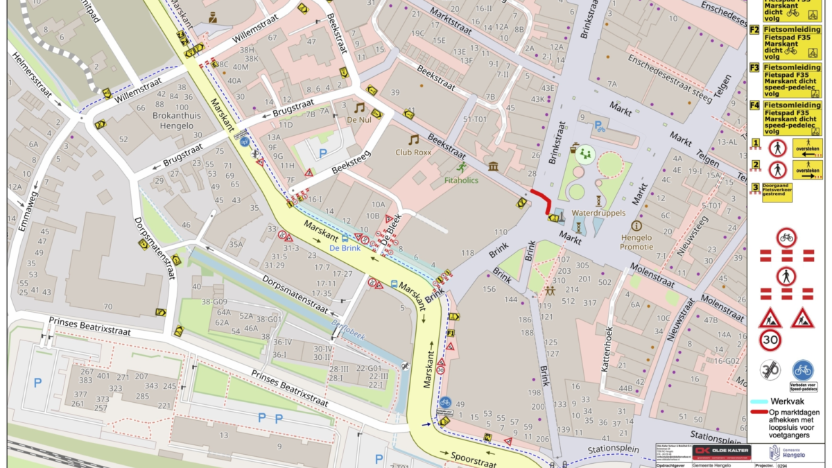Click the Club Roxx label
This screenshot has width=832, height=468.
[x=414, y=153]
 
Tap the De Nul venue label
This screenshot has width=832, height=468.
[x=359, y=120]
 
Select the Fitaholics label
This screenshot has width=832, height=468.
[x=461, y=180]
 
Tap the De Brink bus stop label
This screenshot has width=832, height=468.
[x=343, y=248]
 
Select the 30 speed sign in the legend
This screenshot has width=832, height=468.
[x=770, y=340]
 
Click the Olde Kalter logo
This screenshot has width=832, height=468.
[x=721, y=452]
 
